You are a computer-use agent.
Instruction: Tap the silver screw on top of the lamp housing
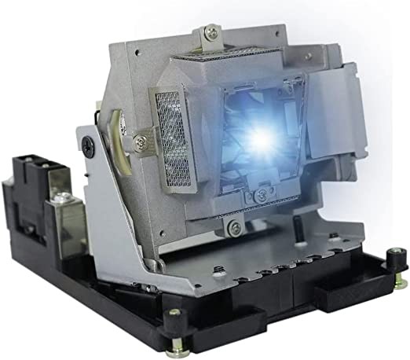(x=210, y=32)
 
